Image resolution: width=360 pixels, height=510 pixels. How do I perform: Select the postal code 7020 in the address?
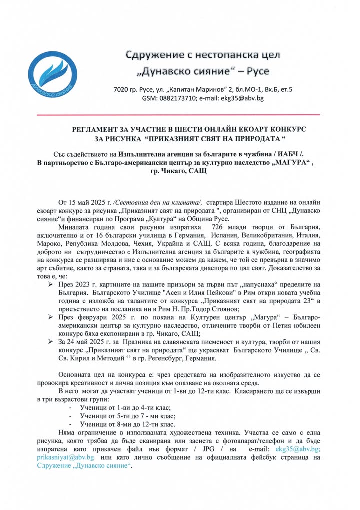coord(121,89)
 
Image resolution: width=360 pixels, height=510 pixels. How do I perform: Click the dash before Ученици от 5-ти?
coord(68,416)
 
